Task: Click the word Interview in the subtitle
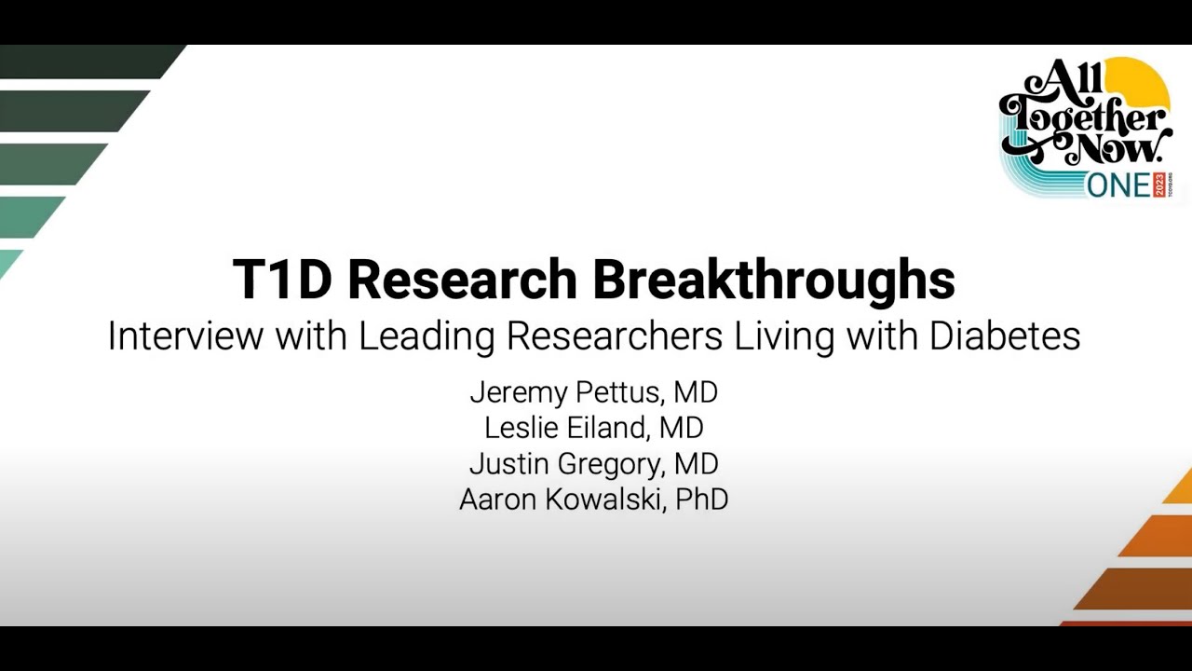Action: pyautogui.click(x=185, y=336)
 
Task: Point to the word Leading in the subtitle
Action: pyautogui.click(x=427, y=337)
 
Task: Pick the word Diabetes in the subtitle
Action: pyautogui.click(x=1005, y=336)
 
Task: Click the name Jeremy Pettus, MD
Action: pyautogui.click(x=594, y=393)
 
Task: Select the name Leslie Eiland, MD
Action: pyautogui.click(x=594, y=428)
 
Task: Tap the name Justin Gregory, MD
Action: pyautogui.click(x=594, y=464)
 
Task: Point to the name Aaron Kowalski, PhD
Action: pyautogui.click(x=594, y=500)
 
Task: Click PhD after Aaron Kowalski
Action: pyautogui.click(x=702, y=500)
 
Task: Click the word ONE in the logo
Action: pyautogui.click(x=1118, y=186)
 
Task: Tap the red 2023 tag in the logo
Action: pyautogui.click(x=1159, y=185)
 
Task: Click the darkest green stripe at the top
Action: pyautogui.click(x=91, y=62)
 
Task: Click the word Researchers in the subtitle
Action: pyautogui.click(x=615, y=336)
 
